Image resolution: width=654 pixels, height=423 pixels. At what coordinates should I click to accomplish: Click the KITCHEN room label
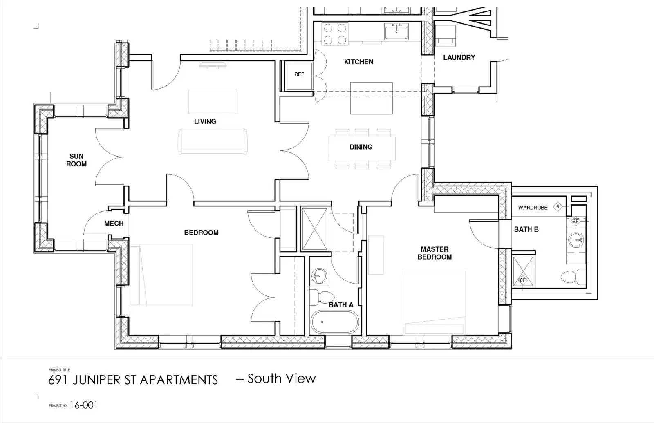click(358, 62)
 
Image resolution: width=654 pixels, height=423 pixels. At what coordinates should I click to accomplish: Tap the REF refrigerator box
click(299, 74)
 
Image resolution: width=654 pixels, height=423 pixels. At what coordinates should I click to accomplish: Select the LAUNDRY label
click(459, 58)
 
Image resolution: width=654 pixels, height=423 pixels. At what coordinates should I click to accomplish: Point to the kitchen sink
click(396, 31)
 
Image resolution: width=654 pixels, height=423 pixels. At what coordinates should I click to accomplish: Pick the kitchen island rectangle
click(372, 98)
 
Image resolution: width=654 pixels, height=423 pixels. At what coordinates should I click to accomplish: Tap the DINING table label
click(361, 147)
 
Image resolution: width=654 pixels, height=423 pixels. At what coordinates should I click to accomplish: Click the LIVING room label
click(205, 121)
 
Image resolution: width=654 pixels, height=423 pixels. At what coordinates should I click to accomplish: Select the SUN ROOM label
click(76, 160)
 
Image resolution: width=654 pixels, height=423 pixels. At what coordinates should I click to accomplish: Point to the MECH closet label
click(114, 223)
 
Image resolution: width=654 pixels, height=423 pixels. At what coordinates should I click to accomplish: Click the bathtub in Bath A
click(334, 322)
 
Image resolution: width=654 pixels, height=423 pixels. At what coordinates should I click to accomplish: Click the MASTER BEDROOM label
click(435, 253)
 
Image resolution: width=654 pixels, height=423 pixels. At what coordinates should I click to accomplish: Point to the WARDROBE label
click(533, 208)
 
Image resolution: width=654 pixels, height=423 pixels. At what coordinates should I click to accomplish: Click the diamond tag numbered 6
click(558, 207)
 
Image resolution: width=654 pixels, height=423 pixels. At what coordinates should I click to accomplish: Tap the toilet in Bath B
click(571, 278)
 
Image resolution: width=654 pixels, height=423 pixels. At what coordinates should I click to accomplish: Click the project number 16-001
click(83, 405)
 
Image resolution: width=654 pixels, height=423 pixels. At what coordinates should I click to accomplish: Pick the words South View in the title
click(282, 378)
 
